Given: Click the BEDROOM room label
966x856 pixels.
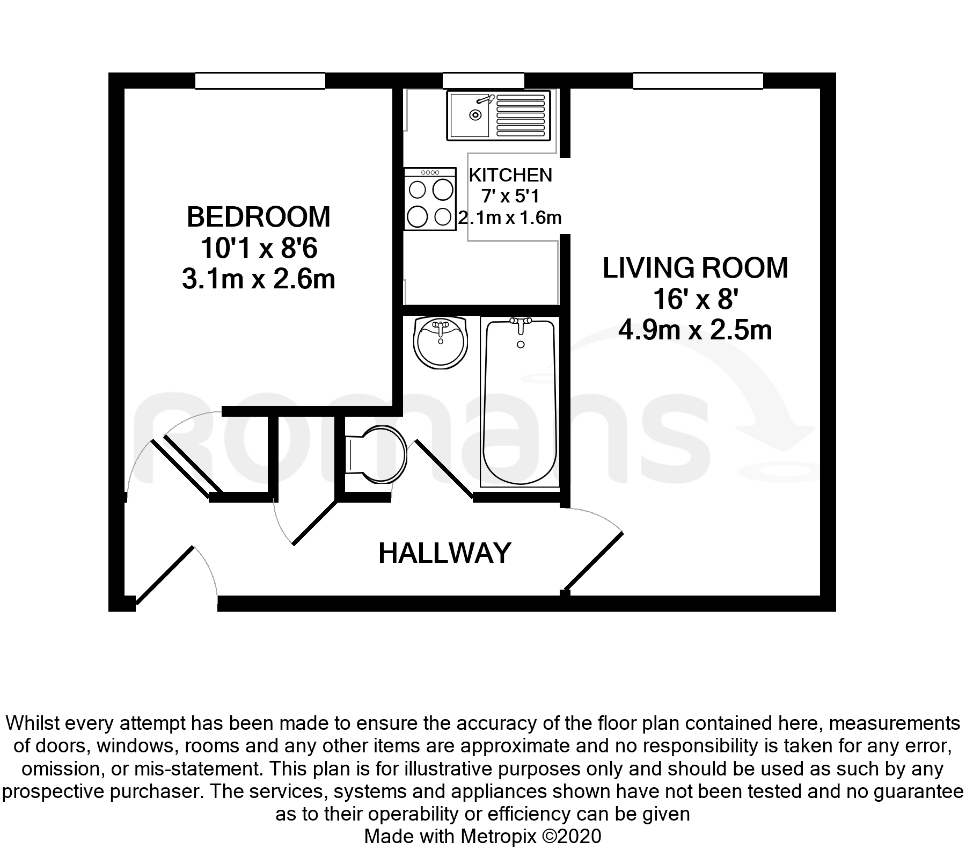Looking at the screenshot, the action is coord(259,217).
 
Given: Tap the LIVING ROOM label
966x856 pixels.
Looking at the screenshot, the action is coord(696,268).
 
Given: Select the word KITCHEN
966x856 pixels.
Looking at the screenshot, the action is coord(510,175).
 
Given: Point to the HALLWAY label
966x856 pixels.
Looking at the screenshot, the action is coord(445,553).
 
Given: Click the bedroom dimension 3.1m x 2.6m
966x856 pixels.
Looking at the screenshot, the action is coord(259,279).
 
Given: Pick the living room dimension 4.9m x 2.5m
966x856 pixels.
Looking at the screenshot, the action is coord(696,330).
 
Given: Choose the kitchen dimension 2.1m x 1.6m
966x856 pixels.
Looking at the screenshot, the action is coord(510,217).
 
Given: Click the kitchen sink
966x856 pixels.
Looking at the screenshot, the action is coord(499,115).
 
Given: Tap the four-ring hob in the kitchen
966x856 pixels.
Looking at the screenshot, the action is coord(430,199).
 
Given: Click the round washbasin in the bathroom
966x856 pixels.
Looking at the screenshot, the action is coord(441,342).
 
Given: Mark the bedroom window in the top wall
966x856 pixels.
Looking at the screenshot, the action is coord(260,81).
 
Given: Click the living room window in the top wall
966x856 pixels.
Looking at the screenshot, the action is coord(698,81).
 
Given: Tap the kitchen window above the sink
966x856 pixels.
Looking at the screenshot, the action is coord(483,81).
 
